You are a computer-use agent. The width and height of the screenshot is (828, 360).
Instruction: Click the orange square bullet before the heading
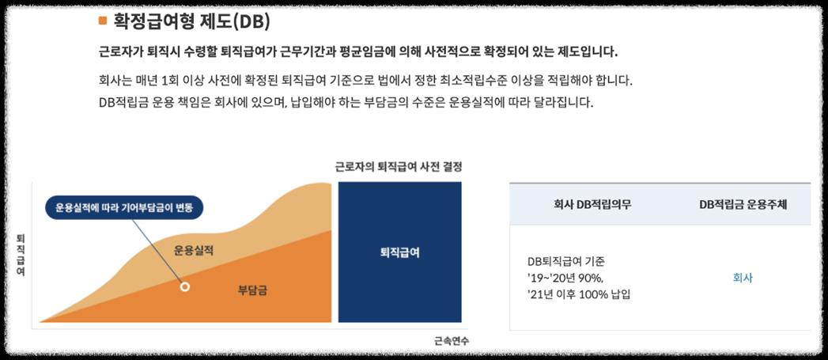(102, 21)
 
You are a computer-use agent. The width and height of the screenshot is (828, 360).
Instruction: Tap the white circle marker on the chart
(185, 286)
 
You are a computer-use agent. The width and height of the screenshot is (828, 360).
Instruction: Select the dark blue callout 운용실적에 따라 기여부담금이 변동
(124, 208)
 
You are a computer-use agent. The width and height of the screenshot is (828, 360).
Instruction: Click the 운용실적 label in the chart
(194, 251)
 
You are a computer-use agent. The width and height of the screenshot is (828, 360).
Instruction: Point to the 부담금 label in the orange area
(252, 290)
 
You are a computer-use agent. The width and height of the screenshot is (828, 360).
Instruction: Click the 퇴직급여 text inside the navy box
(399, 253)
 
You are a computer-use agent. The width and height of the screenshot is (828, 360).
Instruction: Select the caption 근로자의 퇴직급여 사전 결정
(398, 167)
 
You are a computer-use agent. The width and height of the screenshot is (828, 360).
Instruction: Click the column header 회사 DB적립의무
(593, 205)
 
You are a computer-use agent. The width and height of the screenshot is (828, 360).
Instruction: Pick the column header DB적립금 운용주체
(743, 205)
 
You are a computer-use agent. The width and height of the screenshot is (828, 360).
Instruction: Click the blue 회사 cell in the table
(743, 278)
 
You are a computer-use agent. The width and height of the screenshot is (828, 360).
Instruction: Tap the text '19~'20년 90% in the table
(564, 278)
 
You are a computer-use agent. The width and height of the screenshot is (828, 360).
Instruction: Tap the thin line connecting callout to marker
(158, 251)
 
